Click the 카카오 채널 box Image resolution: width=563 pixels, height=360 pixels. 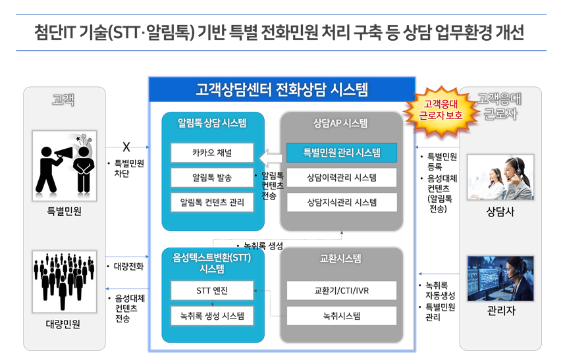(x=212, y=153)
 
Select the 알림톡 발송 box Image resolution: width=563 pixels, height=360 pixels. (x=212, y=177)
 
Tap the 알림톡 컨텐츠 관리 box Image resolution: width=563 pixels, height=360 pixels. (x=212, y=203)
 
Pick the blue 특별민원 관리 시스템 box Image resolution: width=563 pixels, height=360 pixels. (x=342, y=153)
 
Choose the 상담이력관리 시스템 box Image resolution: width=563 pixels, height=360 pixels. (x=342, y=177)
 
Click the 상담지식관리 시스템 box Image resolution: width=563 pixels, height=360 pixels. (x=342, y=203)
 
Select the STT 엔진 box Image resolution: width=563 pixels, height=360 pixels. (x=212, y=290)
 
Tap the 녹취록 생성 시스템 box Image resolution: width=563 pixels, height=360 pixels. (x=212, y=316)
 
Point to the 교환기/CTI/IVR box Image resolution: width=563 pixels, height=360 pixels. (x=342, y=290)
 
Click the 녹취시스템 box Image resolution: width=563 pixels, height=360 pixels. (x=342, y=316)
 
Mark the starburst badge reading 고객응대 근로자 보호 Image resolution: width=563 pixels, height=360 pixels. (x=441, y=110)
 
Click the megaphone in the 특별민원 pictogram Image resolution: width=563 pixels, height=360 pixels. (x=65, y=153)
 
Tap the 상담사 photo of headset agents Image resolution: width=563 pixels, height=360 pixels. (x=500, y=177)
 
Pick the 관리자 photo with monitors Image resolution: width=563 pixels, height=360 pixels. (x=500, y=278)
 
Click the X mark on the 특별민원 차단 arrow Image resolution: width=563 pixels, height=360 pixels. (x=126, y=147)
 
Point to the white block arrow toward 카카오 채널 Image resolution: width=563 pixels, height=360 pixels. (x=271, y=159)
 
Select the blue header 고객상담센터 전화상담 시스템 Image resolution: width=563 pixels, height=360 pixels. (x=282, y=90)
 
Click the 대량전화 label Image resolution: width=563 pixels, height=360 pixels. (x=128, y=267)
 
